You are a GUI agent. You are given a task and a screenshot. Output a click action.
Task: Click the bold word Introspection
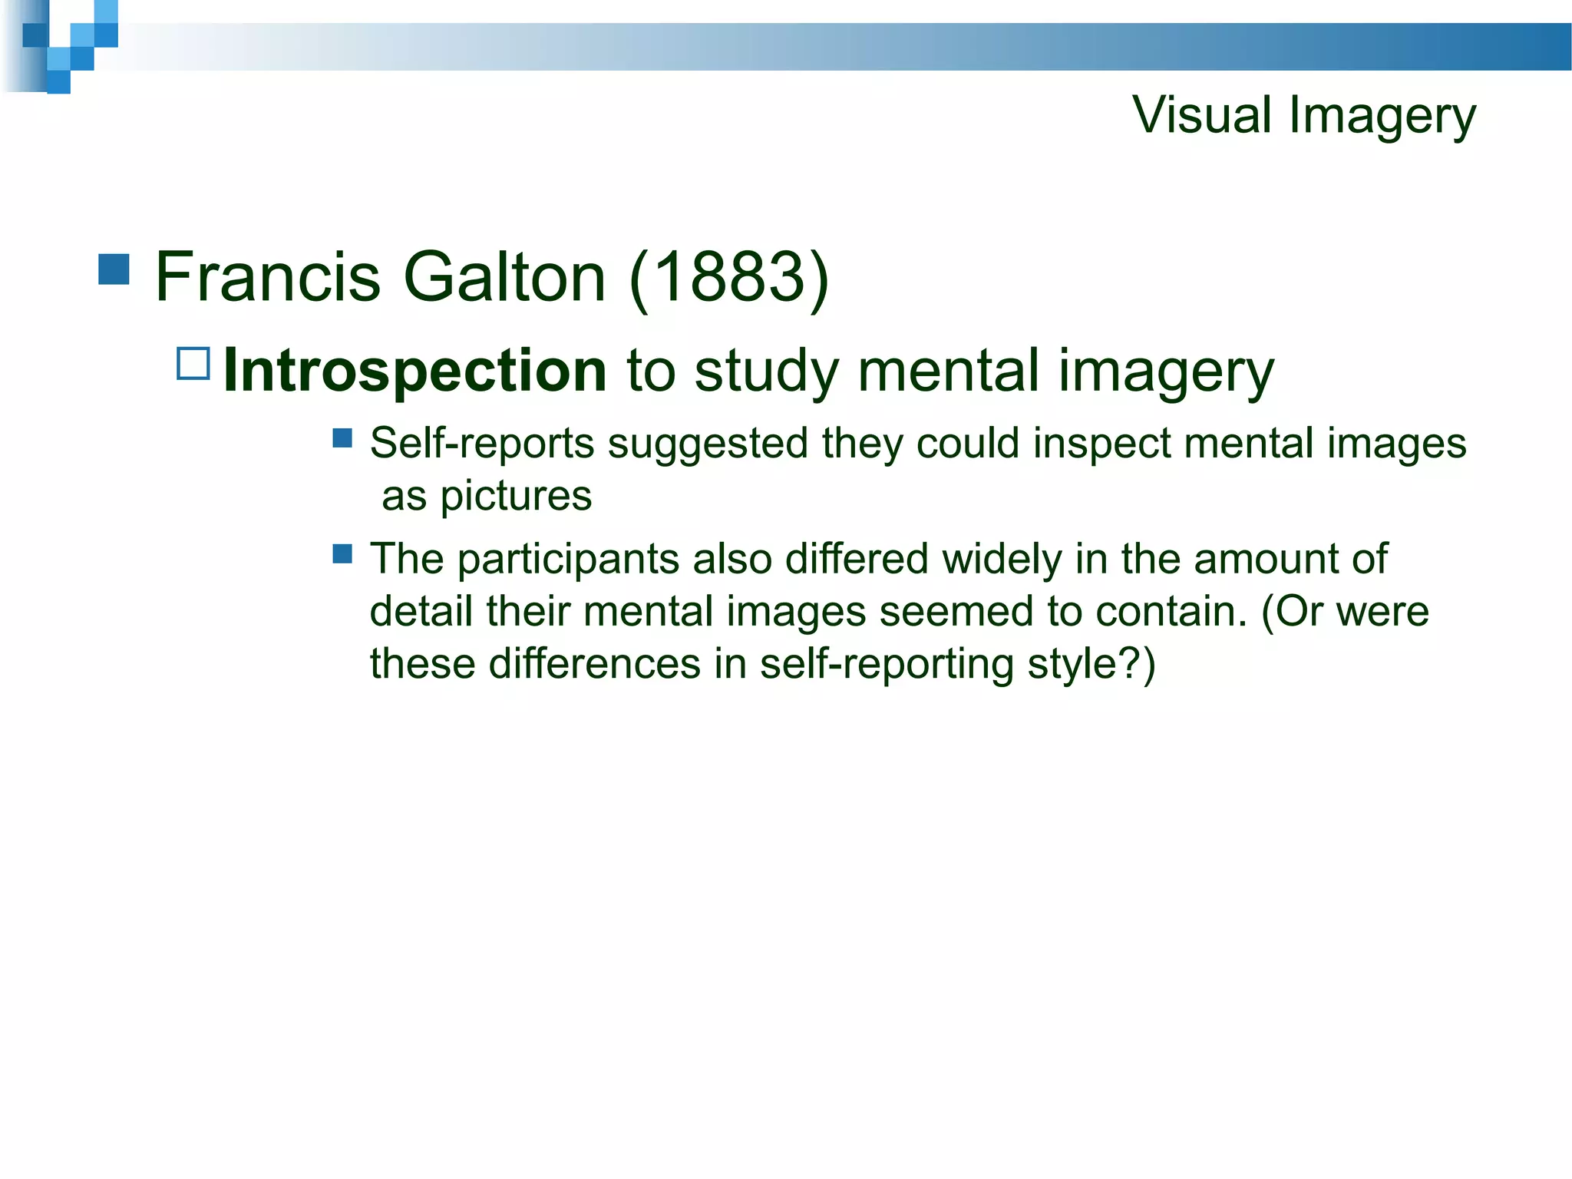tap(415, 372)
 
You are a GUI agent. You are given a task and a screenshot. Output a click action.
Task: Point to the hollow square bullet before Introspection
tap(193, 364)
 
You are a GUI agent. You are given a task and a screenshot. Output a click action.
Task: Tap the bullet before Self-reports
tap(342, 438)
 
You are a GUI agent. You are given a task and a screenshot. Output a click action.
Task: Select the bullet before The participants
tap(342, 553)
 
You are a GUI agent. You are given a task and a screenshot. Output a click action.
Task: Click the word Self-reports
tap(482, 444)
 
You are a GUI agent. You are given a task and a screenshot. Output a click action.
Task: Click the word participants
tap(568, 560)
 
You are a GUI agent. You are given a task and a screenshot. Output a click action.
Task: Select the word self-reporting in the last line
tap(887, 664)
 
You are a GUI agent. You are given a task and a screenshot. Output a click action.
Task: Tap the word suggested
tap(708, 444)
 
